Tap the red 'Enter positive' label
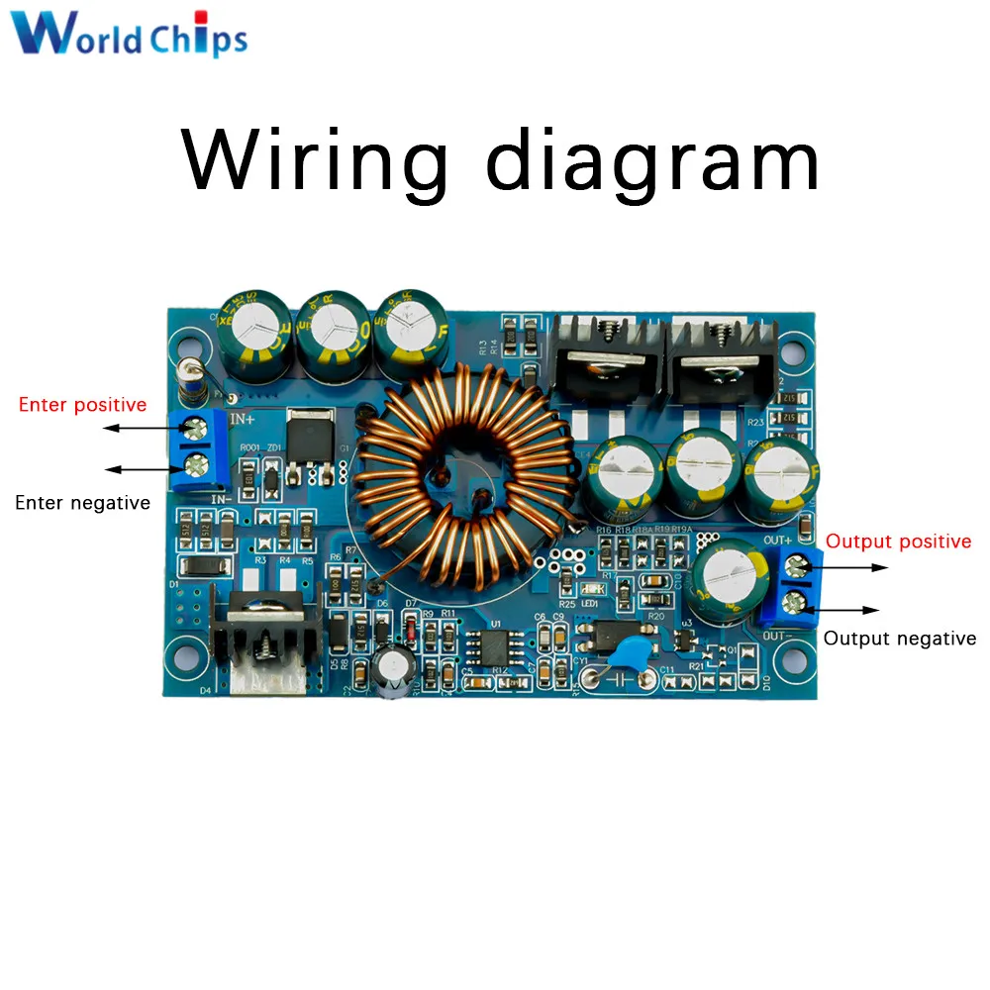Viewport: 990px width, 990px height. (x=82, y=405)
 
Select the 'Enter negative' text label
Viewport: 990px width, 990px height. (x=82, y=503)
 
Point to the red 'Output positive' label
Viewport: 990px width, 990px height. (x=898, y=542)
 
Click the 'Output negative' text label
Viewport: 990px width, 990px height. (x=899, y=639)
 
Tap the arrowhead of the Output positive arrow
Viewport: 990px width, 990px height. (x=883, y=567)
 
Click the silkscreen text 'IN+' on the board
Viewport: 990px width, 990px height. (x=244, y=421)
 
